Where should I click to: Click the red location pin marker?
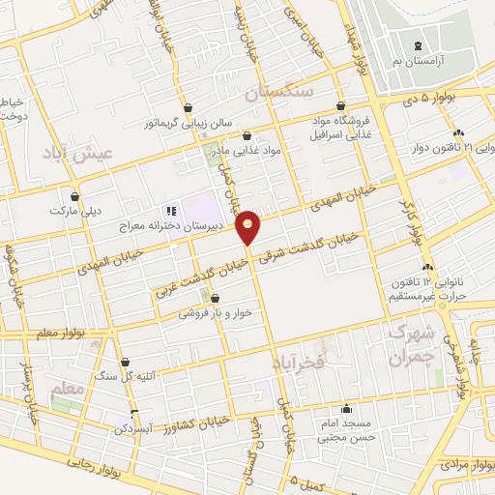tap(249, 226)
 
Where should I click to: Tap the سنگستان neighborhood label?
tap(281, 94)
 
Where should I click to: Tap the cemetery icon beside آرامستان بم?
tap(418, 46)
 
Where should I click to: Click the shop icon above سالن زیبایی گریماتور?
tap(187, 107)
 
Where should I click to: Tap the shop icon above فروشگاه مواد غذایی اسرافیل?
tap(339, 106)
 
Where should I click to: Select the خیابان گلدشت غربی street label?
tap(198, 268)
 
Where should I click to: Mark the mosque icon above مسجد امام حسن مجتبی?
tap(345, 408)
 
